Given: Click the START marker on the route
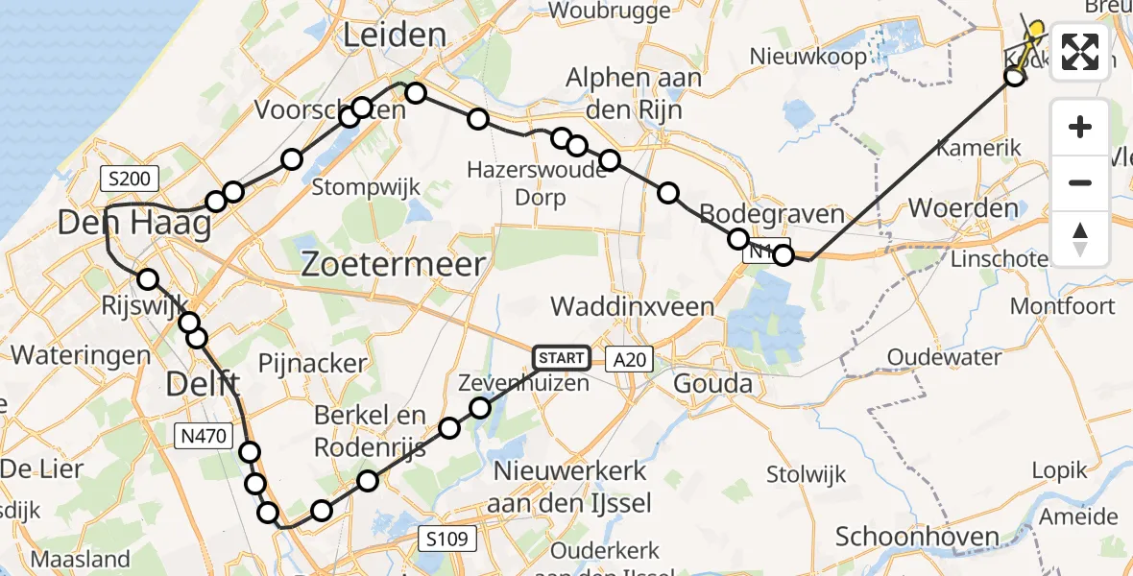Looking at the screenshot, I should coord(561,358).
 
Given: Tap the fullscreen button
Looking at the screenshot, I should coord(1080,52).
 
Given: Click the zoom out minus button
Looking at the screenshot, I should coord(1080,182).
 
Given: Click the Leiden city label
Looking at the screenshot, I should coord(395,36).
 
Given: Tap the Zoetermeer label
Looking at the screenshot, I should coord(394,264).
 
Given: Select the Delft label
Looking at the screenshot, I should coord(203,384).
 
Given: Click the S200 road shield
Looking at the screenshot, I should coord(128,179).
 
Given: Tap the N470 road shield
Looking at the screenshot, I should coord(204,437).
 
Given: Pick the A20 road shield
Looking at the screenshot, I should coord(631,359).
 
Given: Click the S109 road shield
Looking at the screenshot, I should coord(448,539).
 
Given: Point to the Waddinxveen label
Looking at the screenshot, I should coord(632,306).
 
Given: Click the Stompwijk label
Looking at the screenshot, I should coord(367,187).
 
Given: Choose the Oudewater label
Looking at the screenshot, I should coord(947,357).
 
